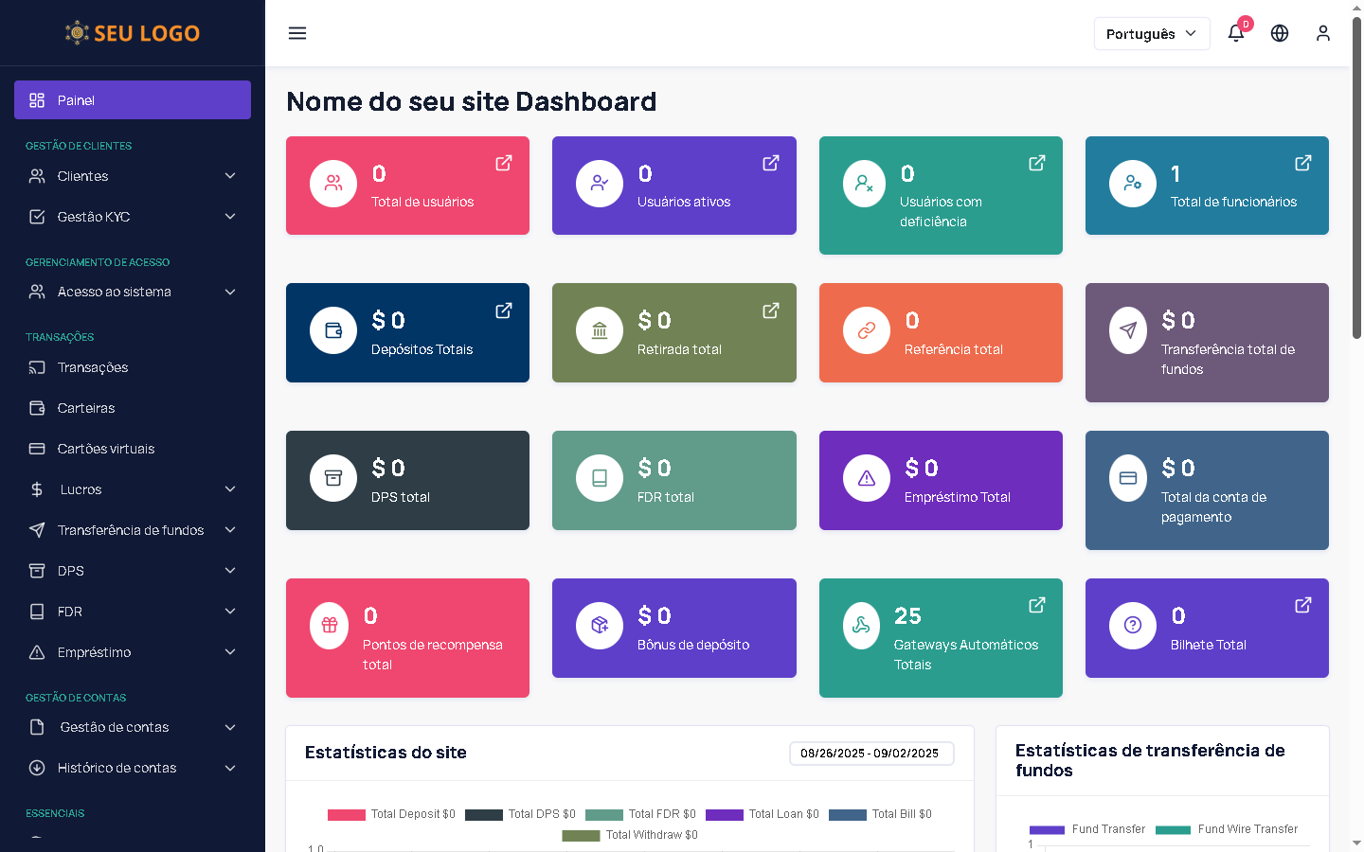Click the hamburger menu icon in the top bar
[x=297, y=33]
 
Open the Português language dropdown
[x=1151, y=33]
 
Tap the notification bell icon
[x=1236, y=33]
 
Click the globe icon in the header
[x=1280, y=33]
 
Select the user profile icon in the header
[x=1323, y=33]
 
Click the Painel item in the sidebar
[x=133, y=100]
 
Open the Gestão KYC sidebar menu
[x=133, y=217]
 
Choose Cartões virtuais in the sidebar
[x=105, y=449]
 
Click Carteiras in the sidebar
[x=85, y=408]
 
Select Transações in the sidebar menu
[x=92, y=367]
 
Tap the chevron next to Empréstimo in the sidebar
[x=230, y=652]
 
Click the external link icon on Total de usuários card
[x=504, y=163]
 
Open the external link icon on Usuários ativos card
[x=771, y=163]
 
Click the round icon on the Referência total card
[x=866, y=330]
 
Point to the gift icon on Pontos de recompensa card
[x=330, y=626]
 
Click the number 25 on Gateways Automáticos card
[x=907, y=616]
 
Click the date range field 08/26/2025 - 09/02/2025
[x=870, y=754]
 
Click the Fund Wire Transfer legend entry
[x=1228, y=829]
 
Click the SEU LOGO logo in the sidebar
[x=133, y=33]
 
